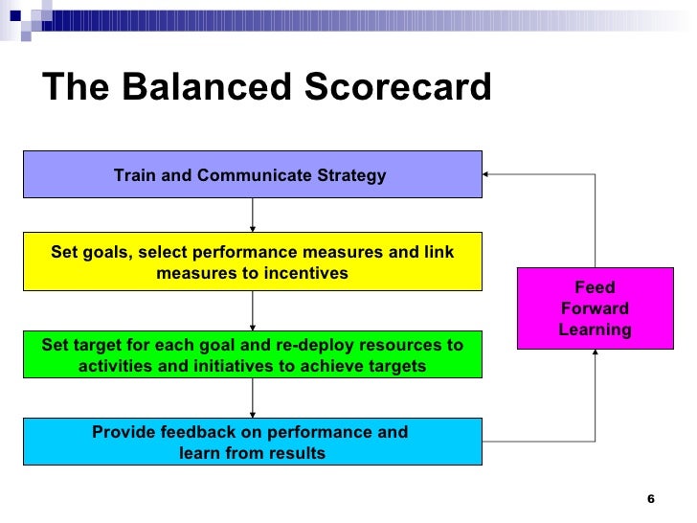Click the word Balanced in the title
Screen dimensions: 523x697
(204, 88)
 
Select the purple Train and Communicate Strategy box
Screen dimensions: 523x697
(252, 174)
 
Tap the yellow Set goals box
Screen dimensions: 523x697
(252, 261)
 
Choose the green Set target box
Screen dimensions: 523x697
(252, 355)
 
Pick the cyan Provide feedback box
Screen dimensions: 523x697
(252, 442)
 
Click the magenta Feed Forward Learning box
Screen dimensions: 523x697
(595, 308)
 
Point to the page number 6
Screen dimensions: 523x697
(651, 499)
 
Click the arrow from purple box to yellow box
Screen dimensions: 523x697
(253, 216)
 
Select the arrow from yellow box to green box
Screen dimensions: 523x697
(253, 310)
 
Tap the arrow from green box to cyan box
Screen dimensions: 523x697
(253, 398)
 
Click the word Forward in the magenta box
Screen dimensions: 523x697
(595, 308)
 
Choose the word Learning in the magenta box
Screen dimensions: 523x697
(595, 330)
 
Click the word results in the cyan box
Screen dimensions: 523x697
(298, 453)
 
